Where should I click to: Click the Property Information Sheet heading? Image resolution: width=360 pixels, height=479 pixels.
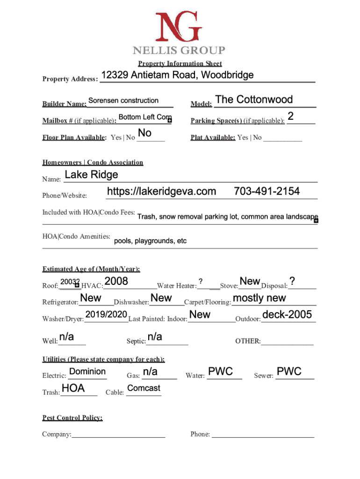(x=180, y=64)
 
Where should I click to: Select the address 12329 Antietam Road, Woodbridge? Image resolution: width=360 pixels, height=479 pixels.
(x=177, y=75)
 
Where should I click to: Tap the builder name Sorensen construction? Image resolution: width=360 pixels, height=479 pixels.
(x=123, y=101)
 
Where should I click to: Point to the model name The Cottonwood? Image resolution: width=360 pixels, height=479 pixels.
(x=254, y=100)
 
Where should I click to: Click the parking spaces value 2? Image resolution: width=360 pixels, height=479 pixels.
(x=291, y=116)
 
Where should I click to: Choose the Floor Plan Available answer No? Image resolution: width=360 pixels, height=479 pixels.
(x=145, y=133)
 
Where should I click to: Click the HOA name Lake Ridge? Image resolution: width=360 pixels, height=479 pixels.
(x=91, y=175)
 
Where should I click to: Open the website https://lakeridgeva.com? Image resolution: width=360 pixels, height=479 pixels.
(x=162, y=191)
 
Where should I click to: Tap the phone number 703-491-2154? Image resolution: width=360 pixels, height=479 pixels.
(x=266, y=191)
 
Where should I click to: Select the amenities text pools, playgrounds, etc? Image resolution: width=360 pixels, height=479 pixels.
(x=150, y=241)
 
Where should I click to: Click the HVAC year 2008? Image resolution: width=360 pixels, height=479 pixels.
(x=116, y=281)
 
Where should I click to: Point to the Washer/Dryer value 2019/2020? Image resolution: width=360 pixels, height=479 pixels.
(x=106, y=314)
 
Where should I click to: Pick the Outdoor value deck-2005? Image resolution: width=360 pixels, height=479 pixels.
(x=287, y=315)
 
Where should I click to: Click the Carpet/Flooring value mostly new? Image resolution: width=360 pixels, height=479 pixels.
(x=259, y=298)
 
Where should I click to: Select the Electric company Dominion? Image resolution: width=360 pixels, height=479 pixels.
(x=87, y=371)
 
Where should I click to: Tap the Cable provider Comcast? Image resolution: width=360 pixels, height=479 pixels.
(x=144, y=388)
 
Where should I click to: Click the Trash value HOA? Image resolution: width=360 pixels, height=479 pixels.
(x=73, y=388)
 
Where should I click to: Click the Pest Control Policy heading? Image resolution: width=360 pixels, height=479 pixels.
(x=72, y=418)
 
